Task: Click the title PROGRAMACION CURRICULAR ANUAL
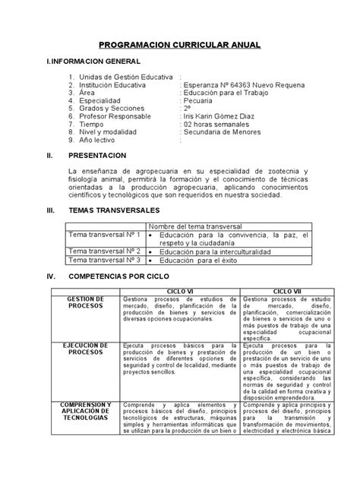(180, 46)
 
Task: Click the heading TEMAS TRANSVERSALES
(115, 208)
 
